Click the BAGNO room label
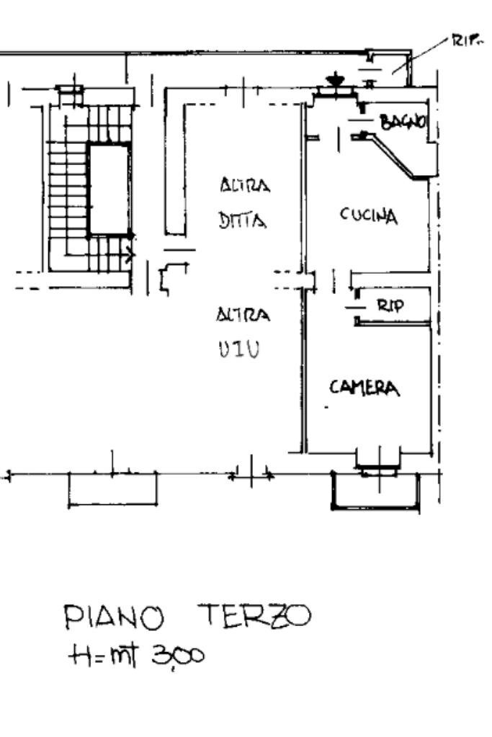pos(404,122)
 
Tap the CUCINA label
pos(368,215)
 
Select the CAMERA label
pos(364,388)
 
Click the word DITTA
pos(243,221)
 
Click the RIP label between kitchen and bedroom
pos(391,305)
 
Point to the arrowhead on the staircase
pos(130,254)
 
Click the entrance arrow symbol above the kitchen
pos(334,79)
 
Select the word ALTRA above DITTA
pos(245,187)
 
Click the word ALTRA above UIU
pos(243,316)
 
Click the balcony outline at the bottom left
pos(112,490)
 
